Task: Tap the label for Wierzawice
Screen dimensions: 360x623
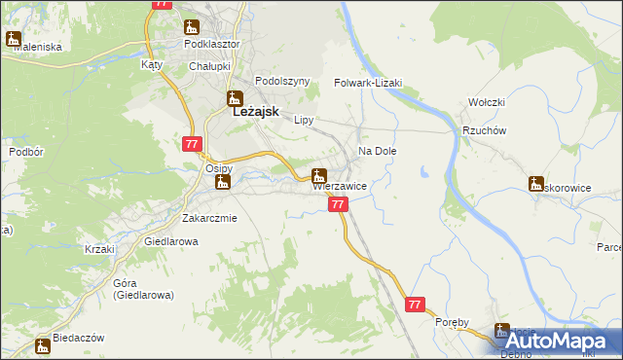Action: coord(339,186)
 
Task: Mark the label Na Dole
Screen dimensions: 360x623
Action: coord(378,152)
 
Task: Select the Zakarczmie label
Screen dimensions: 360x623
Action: coord(209,218)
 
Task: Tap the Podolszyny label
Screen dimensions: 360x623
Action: coord(281,82)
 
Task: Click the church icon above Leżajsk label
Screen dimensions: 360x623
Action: coord(234,97)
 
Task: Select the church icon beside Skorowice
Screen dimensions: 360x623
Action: coord(535,183)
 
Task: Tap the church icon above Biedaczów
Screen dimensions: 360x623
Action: coord(42,345)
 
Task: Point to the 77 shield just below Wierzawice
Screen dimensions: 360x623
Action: coord(338,204)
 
